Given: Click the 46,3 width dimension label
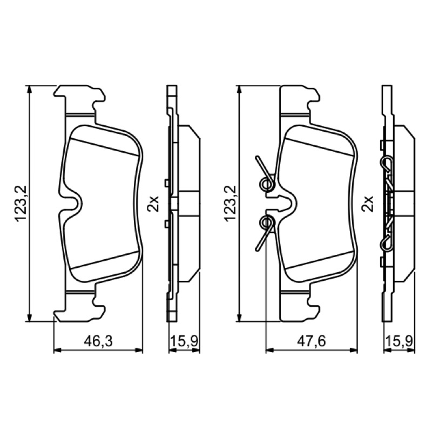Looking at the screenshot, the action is [98, 341].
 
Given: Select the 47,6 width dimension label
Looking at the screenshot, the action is [312, 341].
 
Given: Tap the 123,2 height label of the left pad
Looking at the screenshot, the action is [21, 204].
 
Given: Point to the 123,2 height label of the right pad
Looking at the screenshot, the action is [230, 204].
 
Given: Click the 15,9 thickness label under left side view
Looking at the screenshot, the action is [184, 341].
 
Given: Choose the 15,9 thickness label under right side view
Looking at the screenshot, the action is [399, 341].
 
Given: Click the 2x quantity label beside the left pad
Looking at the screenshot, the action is [153, 204].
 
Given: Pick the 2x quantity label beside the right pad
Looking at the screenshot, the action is [368, 204].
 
